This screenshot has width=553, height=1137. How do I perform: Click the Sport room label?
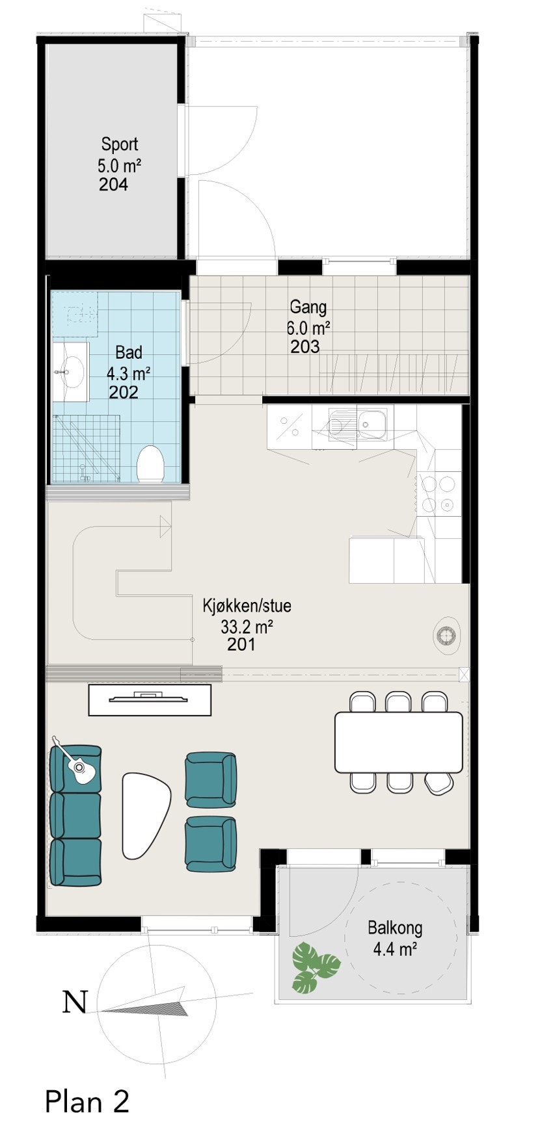(120, 144)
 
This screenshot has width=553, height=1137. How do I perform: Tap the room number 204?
(113, 185)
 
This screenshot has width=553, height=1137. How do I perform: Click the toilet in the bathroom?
(150, 464)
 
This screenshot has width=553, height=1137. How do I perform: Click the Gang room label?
(308, 306)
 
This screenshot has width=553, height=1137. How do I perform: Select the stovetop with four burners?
(438, 494)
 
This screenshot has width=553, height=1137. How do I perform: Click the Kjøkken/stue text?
(247, 606)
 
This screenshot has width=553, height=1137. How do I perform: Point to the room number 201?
(241, 645)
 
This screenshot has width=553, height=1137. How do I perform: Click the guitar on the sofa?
(76, 764)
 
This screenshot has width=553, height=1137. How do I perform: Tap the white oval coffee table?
(146, 815)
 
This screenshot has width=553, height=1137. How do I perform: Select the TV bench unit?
(150, 699)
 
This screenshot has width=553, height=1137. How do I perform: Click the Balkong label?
(394, 928)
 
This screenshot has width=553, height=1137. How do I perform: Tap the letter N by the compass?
(75, 1002)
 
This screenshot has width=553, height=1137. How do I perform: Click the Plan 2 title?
(87, 1101)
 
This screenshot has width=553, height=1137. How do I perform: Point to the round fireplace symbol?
(448, 634)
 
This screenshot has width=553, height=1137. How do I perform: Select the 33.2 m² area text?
(247, 627)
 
